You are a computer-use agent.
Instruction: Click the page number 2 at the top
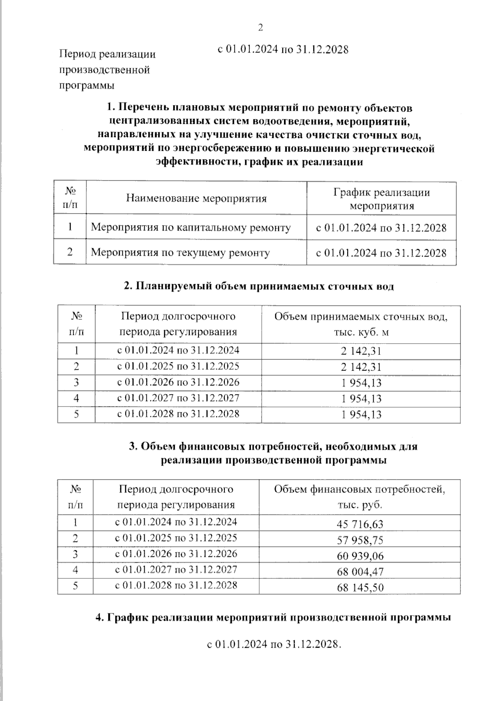coord(260,28)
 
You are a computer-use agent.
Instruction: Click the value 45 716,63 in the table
coord(360,524)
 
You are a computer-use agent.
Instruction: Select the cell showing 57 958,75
coord(360,540)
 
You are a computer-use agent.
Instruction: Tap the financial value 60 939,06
coord(360,556)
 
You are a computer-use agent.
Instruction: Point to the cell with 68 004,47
coord(360,572)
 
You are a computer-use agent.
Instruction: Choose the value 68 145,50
coord(360,587)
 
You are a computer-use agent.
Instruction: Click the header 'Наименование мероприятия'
coord(196,198)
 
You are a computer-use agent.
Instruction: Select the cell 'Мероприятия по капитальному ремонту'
coord(191,227)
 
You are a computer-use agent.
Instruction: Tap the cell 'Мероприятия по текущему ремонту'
coord(180,252)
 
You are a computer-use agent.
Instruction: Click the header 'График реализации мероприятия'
coord(382,199)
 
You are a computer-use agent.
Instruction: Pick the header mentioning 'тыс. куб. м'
coord(361,324)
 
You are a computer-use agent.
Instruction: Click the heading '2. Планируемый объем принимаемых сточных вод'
coord(259,286)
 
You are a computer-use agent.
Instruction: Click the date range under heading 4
coord(274,644)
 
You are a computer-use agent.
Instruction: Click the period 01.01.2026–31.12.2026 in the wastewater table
coord(178,382)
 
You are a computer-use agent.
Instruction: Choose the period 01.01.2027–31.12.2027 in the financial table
coord(176,570)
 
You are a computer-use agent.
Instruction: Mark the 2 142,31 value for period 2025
coord(361,367)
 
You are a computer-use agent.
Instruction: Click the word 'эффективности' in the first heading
coord(196,162)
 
